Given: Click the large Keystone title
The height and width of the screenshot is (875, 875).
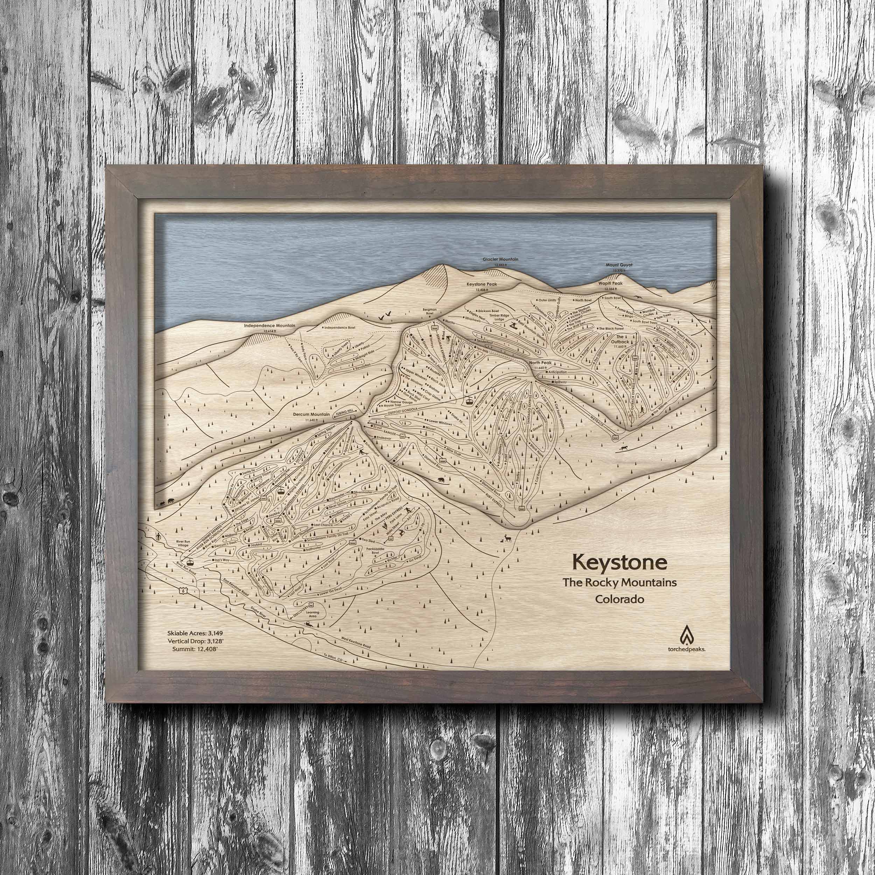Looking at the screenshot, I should pyautogui.click(x=619, y=562).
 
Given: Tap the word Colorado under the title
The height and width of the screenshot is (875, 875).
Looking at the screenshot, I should pyautogui.click(x=619, y=599).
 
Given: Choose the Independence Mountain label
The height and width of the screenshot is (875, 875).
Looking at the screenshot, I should pyautogui.click(x=269, y=325).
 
